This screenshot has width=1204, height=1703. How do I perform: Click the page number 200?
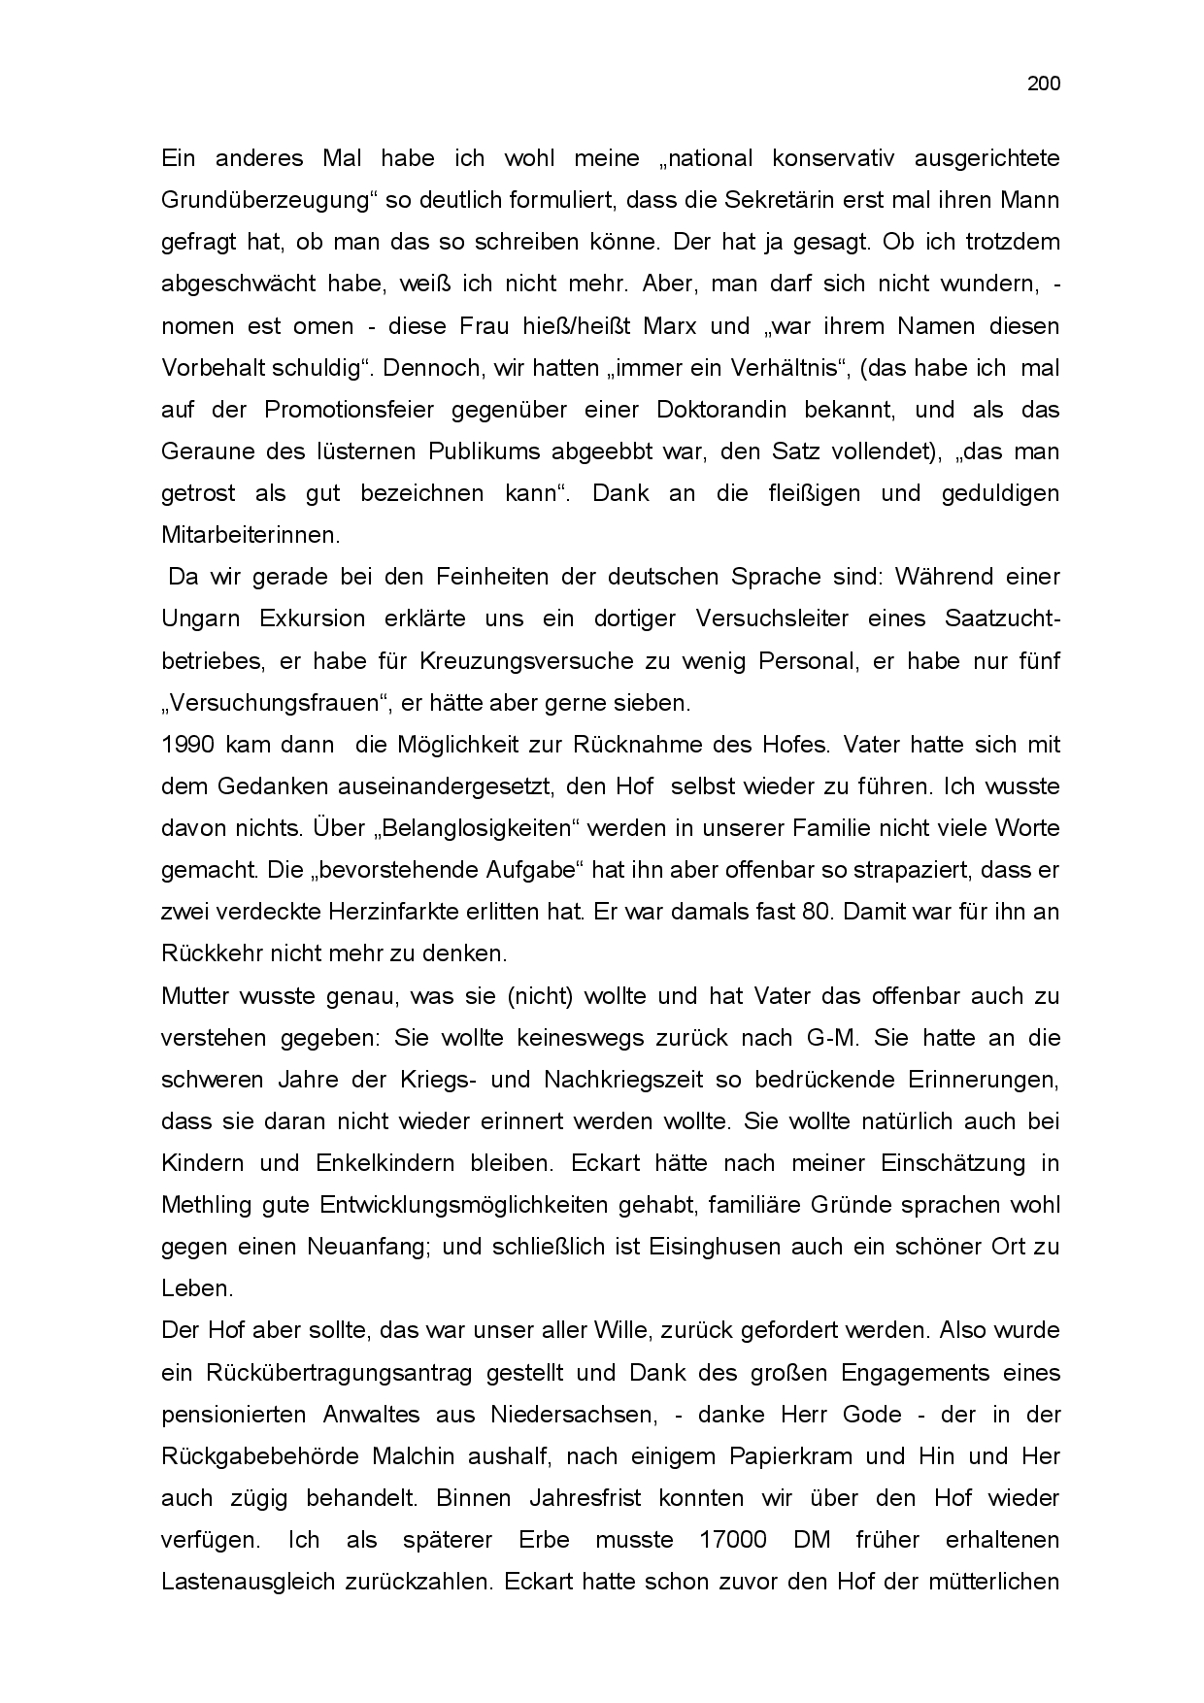[1044, 83]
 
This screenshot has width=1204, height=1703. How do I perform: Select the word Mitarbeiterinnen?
[251, 534]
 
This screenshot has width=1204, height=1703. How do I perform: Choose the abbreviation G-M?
[832, 1037]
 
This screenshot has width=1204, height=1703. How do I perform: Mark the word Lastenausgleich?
[246, 1582]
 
